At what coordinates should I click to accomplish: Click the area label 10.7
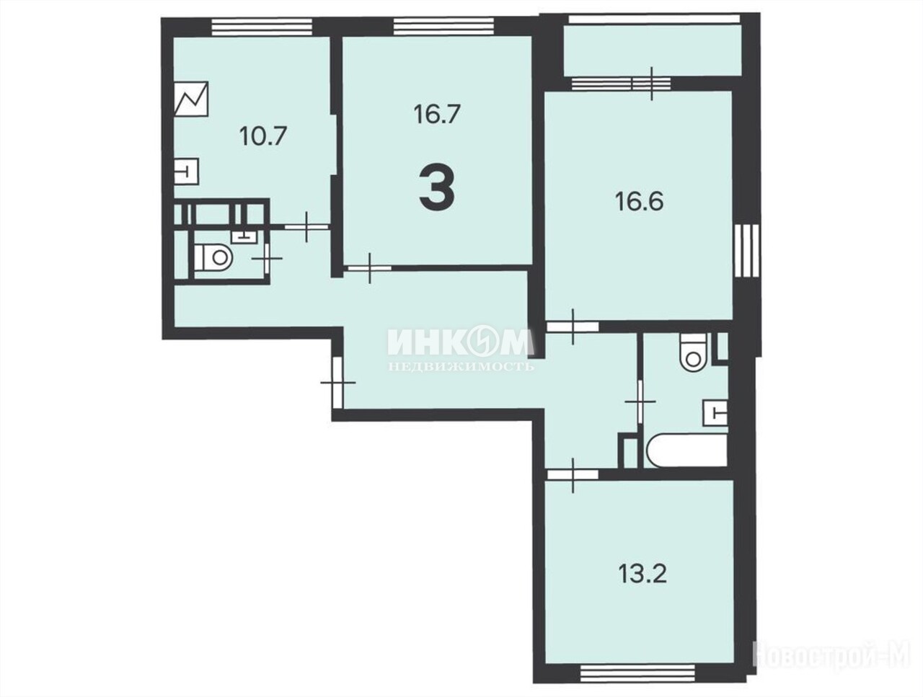(x=263, y=136)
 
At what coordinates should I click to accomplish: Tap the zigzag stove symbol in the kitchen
(x=191, y=99)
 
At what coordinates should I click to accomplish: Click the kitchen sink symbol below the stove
(x=186, y=172)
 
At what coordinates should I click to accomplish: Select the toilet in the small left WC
(x=213, y=257)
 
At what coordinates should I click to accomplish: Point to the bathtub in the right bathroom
(x=687, y=450)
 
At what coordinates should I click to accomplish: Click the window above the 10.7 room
(x=262, y=27)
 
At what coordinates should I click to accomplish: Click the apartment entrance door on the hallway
(x=338, y=382)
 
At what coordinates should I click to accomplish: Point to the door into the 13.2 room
(x=573, y=474)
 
